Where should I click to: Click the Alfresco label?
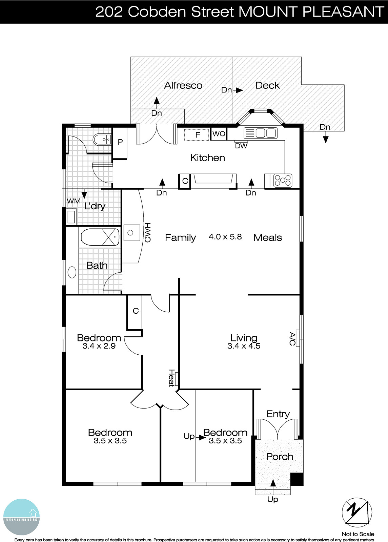point(183,85)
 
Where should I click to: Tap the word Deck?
point(267,85)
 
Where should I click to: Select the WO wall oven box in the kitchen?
point(219,134)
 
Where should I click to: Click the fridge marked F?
point(198,135)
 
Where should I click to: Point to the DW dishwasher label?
point(241,146)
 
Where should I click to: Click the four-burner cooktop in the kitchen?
point(283,180)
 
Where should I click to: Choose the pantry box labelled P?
point(120,143)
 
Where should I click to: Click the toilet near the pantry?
point(102,139)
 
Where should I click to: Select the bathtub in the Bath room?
point(100,237)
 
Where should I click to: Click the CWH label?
point(147,233)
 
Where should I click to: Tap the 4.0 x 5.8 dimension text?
point(225,237)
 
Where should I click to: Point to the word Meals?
point(267,237)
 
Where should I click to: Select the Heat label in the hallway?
point(171,378)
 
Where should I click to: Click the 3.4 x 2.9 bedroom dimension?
point(99,346)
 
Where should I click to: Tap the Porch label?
point(280,457)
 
